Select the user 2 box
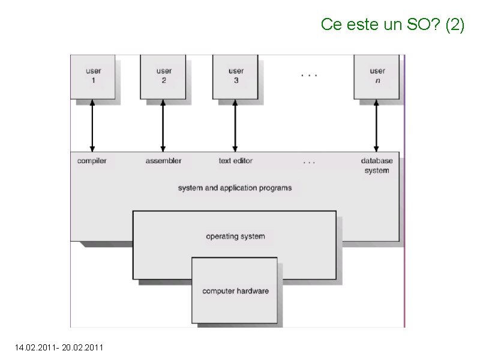point(163,76)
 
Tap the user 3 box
point(236,76)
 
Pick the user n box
point(377,76)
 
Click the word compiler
point(92,161)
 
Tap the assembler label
point(163,161)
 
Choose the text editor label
point(235,161)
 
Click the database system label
point(377,166)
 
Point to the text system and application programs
point(235,188)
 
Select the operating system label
point(235,236)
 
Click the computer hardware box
point(235,291)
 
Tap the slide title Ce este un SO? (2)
point(392,25)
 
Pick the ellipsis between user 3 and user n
point(308,76)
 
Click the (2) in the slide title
point(455,25)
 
